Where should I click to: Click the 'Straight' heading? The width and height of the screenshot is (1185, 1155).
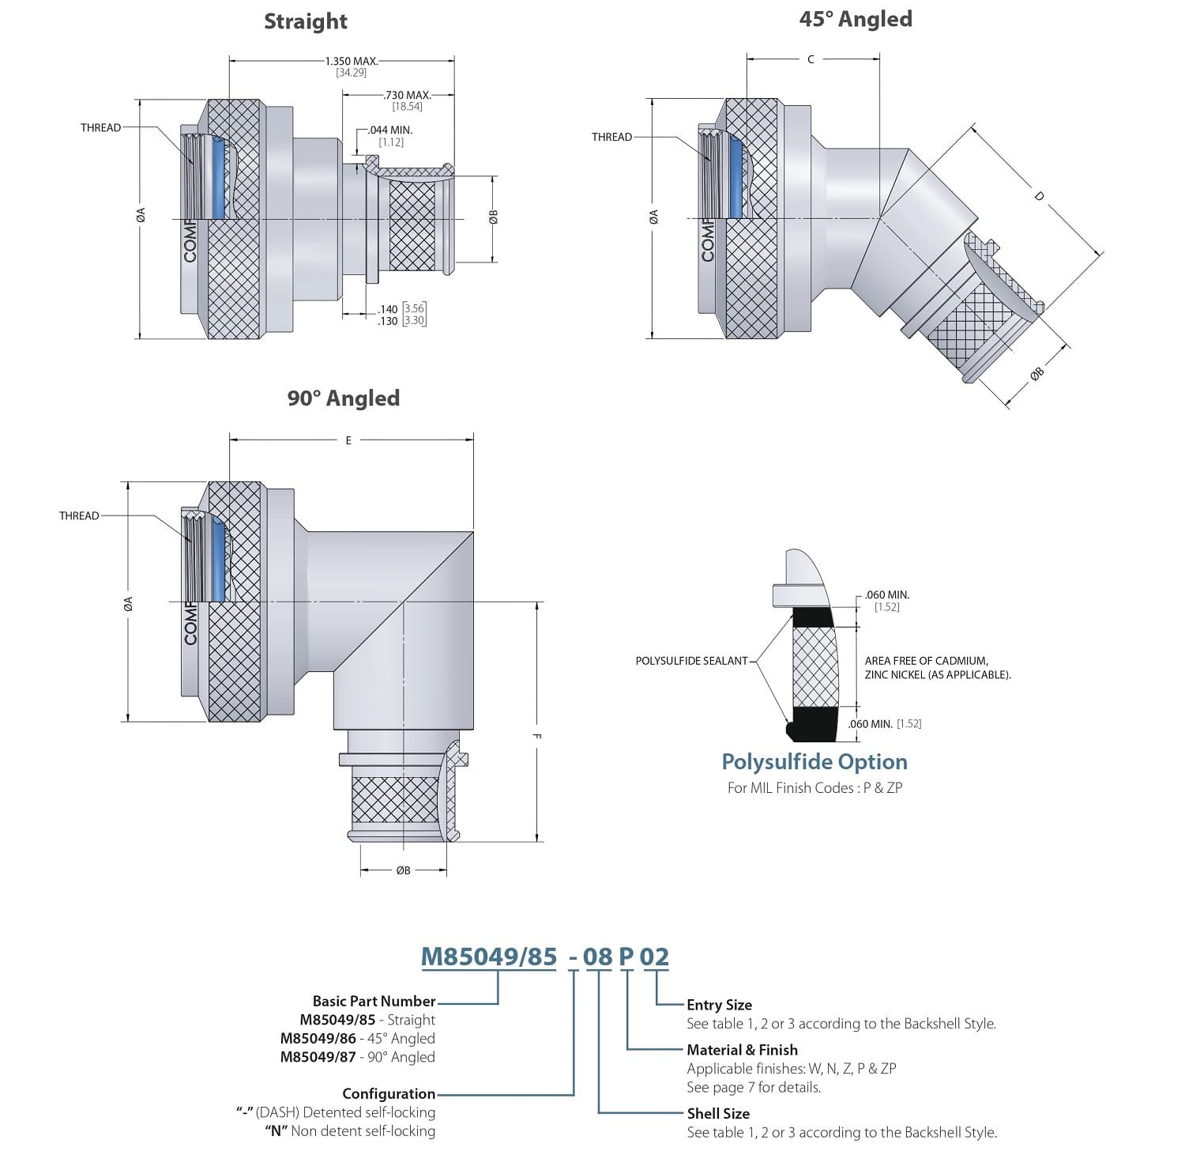coord(305,21)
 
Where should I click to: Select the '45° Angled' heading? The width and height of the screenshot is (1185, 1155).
coord(855,19)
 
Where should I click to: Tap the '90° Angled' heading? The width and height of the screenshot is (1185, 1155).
coord(343,398)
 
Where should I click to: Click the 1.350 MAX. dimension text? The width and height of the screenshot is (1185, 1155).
coord(352,60)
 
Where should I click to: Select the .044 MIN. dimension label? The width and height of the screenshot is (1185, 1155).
coord(390,130)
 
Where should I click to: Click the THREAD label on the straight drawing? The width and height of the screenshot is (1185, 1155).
coord(100,127)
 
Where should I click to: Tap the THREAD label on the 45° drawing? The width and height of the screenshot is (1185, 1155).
coord(611,137)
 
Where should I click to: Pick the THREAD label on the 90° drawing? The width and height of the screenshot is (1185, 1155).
coord(79,515)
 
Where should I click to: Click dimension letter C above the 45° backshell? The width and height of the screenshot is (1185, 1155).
coord(811,59)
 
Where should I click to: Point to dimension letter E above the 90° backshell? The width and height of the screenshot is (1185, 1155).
coord(348,440)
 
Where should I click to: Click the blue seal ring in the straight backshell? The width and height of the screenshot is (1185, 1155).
coord(219,180)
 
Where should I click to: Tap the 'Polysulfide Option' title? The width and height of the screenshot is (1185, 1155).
coord(814,762)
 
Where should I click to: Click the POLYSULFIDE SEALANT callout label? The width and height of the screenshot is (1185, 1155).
coord(691,660)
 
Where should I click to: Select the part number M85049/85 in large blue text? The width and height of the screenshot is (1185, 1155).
coord(488,957)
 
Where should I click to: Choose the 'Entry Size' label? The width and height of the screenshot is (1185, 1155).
coord(719,1005)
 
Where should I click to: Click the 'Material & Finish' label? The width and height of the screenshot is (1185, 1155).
coord(742,1050)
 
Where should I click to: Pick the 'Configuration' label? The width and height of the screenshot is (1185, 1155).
coord(388,1093)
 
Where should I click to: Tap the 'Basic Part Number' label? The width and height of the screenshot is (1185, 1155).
coord(374,1001)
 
